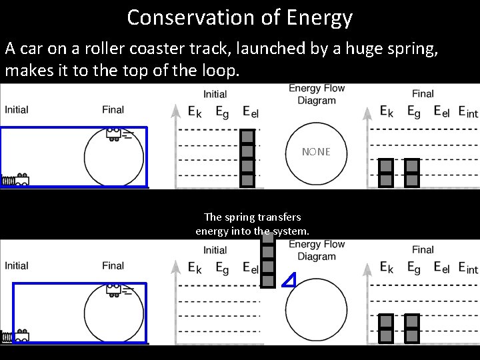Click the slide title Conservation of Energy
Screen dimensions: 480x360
point(239,17)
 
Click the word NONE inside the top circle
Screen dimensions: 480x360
point(315,152)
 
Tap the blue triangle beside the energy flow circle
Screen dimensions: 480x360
point(289,281)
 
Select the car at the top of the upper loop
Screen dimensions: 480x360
point(114,134)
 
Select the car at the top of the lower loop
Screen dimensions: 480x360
point(114,290)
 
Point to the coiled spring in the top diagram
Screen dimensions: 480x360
point(8,180)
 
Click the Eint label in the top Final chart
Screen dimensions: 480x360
point(468,113)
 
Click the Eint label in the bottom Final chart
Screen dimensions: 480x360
point(468,268)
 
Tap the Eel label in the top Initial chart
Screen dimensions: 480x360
point(251,113)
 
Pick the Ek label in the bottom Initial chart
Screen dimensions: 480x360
point(195,268)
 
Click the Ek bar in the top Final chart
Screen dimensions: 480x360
point(386,173)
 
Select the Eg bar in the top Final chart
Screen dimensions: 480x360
point(412,173)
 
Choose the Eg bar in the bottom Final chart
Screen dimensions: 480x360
point(412,328)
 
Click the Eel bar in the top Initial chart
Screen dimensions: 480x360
point(248,157)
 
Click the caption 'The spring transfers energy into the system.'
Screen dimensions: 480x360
point(252,224)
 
